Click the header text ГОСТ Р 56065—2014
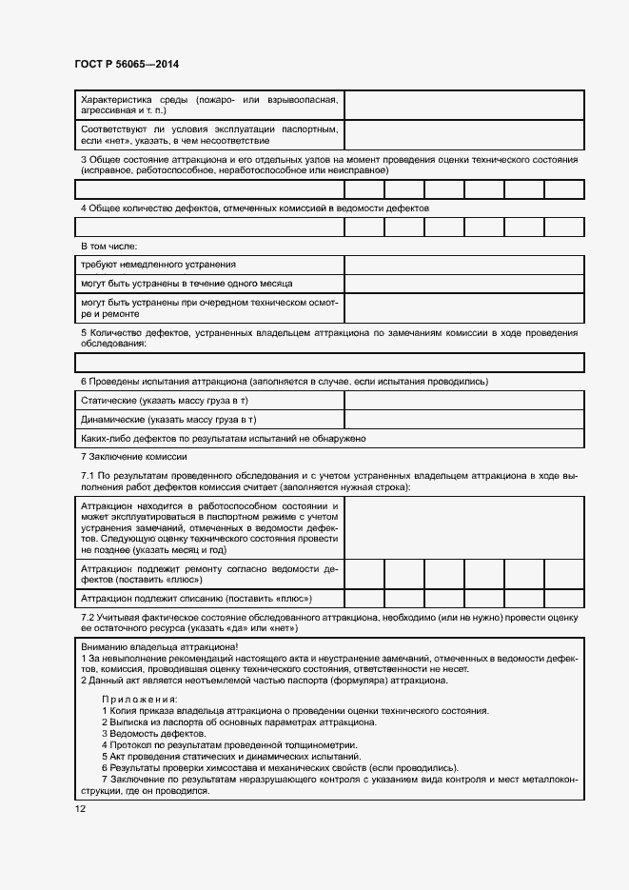pyautogui.click(x=126, y=64)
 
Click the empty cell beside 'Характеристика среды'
pyautogui.click(x=463, y=105)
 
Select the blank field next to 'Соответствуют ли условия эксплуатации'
pyautogui.click(x=463, y=134)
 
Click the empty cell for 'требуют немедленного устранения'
pyautogui.click(x=463, y=265)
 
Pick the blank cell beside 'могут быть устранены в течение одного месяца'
pyautogui.click(x=463, y=284)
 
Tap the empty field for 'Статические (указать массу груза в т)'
pyautogui.click(x=463, y=401)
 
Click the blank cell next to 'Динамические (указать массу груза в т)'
pyautogui.click(x=463, y=419)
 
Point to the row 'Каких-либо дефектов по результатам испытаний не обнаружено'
pyautogui.click(x=224, y=438)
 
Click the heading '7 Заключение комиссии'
pyautogui.click(x=133, y=457)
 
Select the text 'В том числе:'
pyautogui.click(x=109, y=246)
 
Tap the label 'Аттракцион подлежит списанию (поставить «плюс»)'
pyautogui.click(x=197, y=599)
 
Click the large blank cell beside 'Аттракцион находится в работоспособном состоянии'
pyautogui.click(x=463, y=526)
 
